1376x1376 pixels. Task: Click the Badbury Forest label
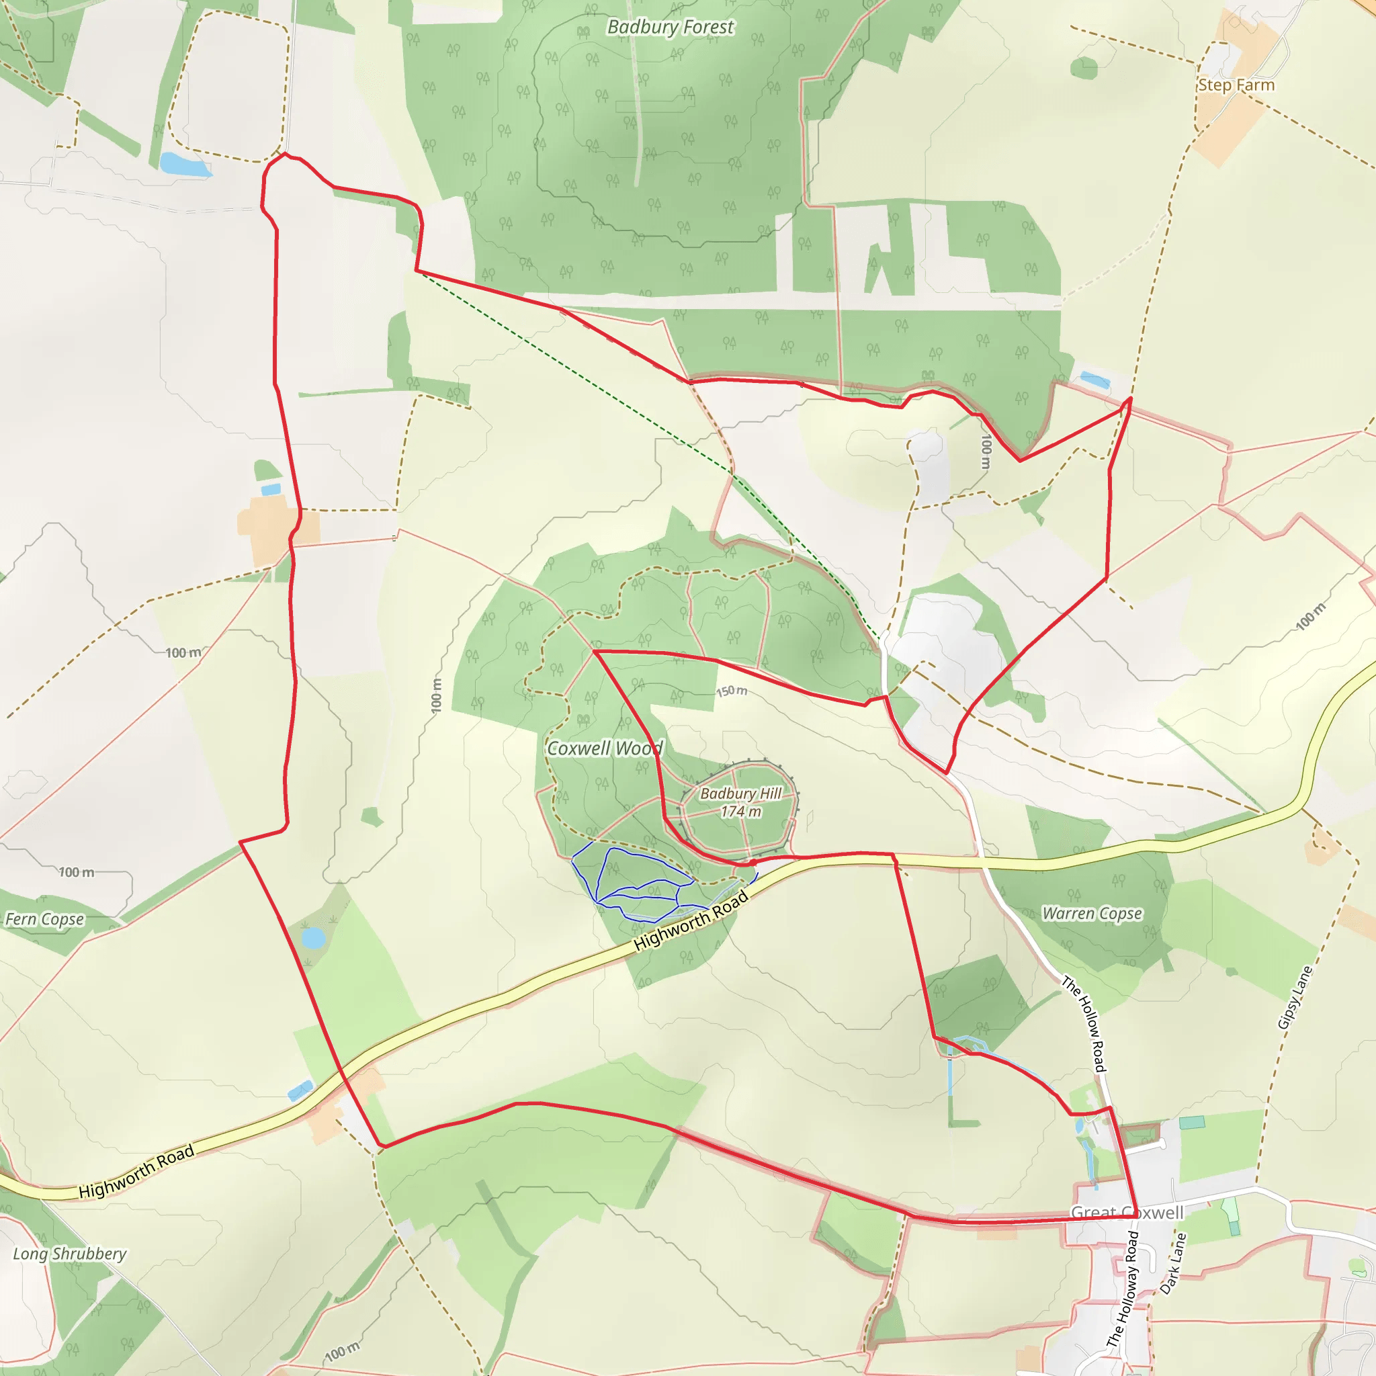pyautogui.click(x=669, y=27)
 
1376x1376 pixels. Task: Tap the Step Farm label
pyautogui.click(x=1236, y=85)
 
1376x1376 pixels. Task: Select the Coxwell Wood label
pyautogui.click(x=604, y=748)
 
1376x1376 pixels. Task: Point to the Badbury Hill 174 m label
pyautogui.click(x=740, y=803)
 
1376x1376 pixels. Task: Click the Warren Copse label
pyautogui.click(x=1092, y=914)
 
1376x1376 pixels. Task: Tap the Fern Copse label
pyautogui.click(x=45, y=920)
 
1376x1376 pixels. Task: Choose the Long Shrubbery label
pyautogui.click(x=70, y=1254)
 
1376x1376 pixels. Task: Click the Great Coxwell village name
pyautogui.click(x=1127, y=1213)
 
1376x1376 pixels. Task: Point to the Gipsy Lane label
pyautogui.click(x=1294, y=998)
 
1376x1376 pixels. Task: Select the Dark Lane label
pyautogui.click(x=1173, y=1264)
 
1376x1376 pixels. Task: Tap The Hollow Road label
pyautogui.click(x=1084, y=1024)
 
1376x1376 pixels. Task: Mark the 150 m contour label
pyautogui.click(x=732, y=691)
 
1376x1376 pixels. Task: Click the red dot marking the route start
pyautogui.click(x=752, y=863)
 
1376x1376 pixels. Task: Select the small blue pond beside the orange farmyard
pyautogui.click(x=271, y=489)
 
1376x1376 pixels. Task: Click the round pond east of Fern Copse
pyautogui.click(x=312, y=937)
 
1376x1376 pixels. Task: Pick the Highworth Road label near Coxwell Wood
pyautogui.click(x=691, y=921)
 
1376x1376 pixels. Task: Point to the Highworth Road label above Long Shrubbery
pyautogui.click(x=136, y=1172)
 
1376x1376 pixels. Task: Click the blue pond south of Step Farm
pyautogui.click(x=1094, y=380)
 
